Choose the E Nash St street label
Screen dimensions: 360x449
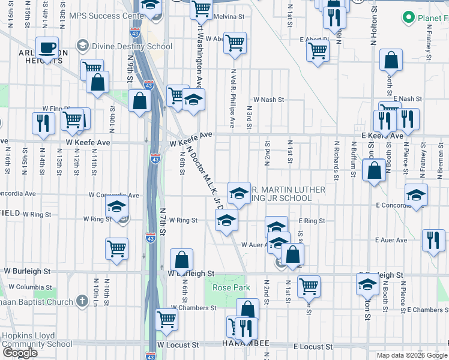(409, 98)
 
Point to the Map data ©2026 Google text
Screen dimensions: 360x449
(411, 355)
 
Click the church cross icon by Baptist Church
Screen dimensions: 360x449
(83, 301)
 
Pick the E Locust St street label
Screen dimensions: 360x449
(313, 347)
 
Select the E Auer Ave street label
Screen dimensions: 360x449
(391, 240)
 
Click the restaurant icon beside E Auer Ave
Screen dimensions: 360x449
(433, 241)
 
